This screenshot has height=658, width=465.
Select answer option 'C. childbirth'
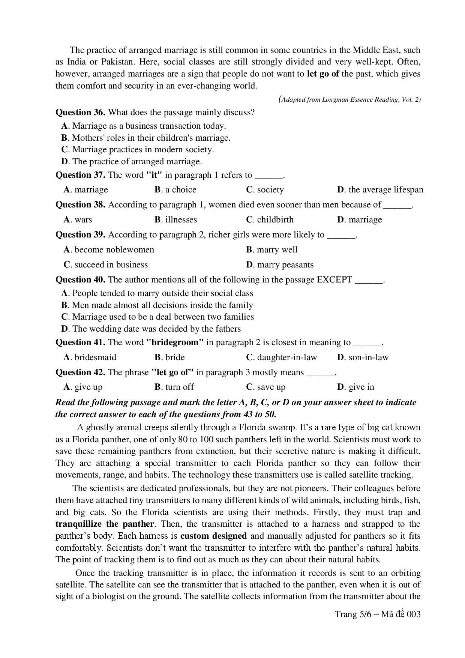(x=270, y=219)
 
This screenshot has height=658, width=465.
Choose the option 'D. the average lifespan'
(x=380, y=189)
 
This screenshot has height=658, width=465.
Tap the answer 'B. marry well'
(x=272, y=249)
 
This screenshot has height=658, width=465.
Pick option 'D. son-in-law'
(x=363, y=357)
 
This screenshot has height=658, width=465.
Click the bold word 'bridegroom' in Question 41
(x=175, y=342)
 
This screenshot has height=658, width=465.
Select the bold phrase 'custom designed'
(x=213, y=536)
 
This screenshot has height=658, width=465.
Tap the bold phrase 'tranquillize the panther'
(x=105, y=524)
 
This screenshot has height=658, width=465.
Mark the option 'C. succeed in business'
(x=106, y=264)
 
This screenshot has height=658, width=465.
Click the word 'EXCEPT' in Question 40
(x=334, y=279)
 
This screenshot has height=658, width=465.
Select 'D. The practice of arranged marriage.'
(x=132, y=161)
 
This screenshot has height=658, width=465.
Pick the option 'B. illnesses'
(x=175, y=219)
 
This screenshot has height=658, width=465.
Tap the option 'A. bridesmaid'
(x=90, y=357)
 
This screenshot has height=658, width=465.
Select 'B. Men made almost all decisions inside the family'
(x=157, y=305)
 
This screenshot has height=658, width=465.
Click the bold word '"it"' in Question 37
(x=154, y=175)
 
